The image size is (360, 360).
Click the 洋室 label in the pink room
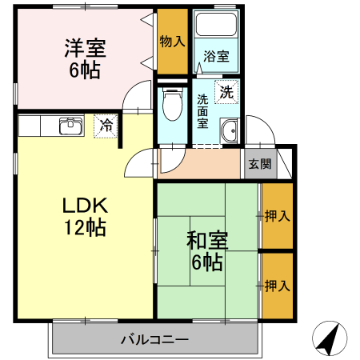coord(86,48)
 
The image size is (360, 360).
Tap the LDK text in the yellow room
coord(85,206)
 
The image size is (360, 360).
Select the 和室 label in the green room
coord(207,240)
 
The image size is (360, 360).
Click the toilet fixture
coord(173,104)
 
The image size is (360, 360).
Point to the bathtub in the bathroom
coord(216,24)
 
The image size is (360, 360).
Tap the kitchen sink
coord(71,126)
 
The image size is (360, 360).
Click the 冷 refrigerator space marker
coord(106,126)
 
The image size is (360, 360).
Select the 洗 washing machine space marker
coord(226,92)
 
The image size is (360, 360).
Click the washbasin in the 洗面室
coord(229,131)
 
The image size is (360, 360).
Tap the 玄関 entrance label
coord(260,164)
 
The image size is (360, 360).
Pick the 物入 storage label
coord(172,42)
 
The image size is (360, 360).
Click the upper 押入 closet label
coord(277,216)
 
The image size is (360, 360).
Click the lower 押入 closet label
coord(277,286)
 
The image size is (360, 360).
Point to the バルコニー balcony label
coord(155,340)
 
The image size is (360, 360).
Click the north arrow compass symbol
coord(330,338)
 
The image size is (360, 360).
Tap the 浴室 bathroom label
coord(216,56)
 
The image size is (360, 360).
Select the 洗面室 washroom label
coord(202,111)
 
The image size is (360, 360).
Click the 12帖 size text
coord(85,227)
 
